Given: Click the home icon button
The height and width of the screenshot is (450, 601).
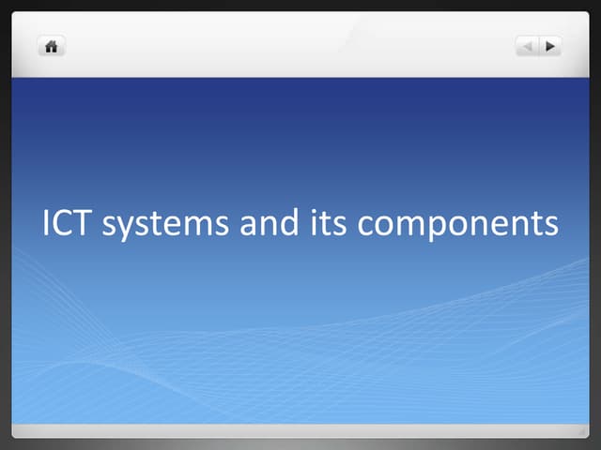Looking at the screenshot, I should coord(52,46).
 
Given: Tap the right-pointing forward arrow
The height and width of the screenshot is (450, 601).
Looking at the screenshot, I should coord(550,45).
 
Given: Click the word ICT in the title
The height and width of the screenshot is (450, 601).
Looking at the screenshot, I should coord(68,224).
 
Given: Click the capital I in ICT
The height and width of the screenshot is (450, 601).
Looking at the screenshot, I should coord(47,224).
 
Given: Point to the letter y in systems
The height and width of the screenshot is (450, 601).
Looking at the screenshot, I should coord(124,229).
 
